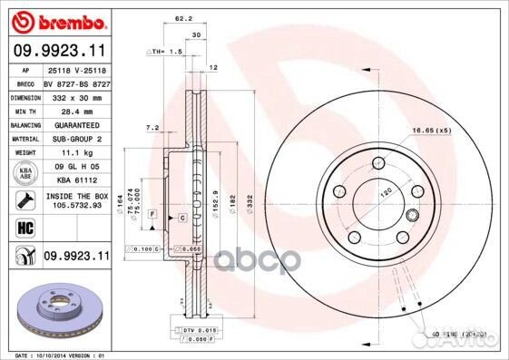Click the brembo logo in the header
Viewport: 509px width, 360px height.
click(x=56, y=20)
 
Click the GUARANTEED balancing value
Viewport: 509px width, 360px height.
click(x=73, y=124)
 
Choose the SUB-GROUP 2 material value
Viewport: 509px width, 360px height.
click(x=73, y=139)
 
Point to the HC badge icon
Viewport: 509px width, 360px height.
click(x=24, y=227)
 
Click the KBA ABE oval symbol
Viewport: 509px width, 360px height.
click(x=24, y=173)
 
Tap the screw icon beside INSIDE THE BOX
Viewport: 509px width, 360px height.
click(x=24, y=199)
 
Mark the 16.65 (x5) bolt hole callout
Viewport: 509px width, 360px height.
click(x=431, y=131)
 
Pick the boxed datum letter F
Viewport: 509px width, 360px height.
click(x=152, y=212)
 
